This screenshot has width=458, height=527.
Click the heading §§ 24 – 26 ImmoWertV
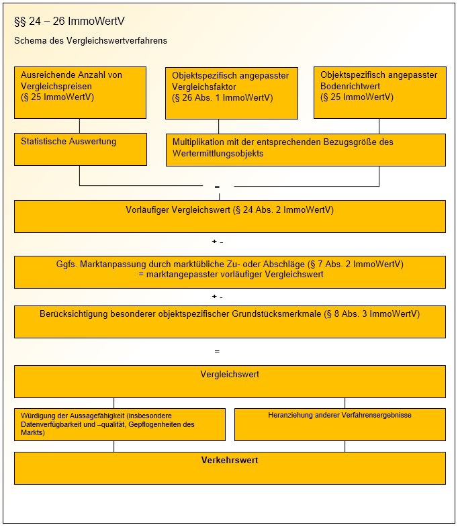coord(69,21)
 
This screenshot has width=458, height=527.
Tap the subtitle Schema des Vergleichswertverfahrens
coord(91,41)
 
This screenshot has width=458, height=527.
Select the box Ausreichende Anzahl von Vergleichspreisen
coord(80,93)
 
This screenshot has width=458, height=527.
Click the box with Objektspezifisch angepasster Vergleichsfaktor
coord(232,93)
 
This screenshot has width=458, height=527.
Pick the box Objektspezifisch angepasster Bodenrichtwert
coord(380,93)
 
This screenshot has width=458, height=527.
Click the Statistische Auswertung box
coord(81,149)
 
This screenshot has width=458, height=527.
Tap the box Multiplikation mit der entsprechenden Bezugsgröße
coord(306,150)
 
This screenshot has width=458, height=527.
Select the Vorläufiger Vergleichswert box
coord(230,216)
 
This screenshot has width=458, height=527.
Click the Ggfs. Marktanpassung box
coord(230,273)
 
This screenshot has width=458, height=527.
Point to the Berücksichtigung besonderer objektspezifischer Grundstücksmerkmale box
coord(230,322)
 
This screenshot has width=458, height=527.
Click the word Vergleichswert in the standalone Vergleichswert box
coord(230,374)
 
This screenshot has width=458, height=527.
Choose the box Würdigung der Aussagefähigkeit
coord(120,424)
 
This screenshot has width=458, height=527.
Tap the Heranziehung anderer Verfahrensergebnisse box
coord(340,424)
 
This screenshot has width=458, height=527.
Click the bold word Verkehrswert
coord(230,460)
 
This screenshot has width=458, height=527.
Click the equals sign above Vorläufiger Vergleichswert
coord(217,187)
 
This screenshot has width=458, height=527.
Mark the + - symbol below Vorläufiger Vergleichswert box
coord(218,242)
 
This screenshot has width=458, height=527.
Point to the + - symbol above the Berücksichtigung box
coord(218,297)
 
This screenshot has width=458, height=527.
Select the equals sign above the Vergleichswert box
coord(217,352)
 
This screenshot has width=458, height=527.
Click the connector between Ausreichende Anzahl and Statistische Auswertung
coord(80,126)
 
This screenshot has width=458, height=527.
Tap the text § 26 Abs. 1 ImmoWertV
coord(222,98)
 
